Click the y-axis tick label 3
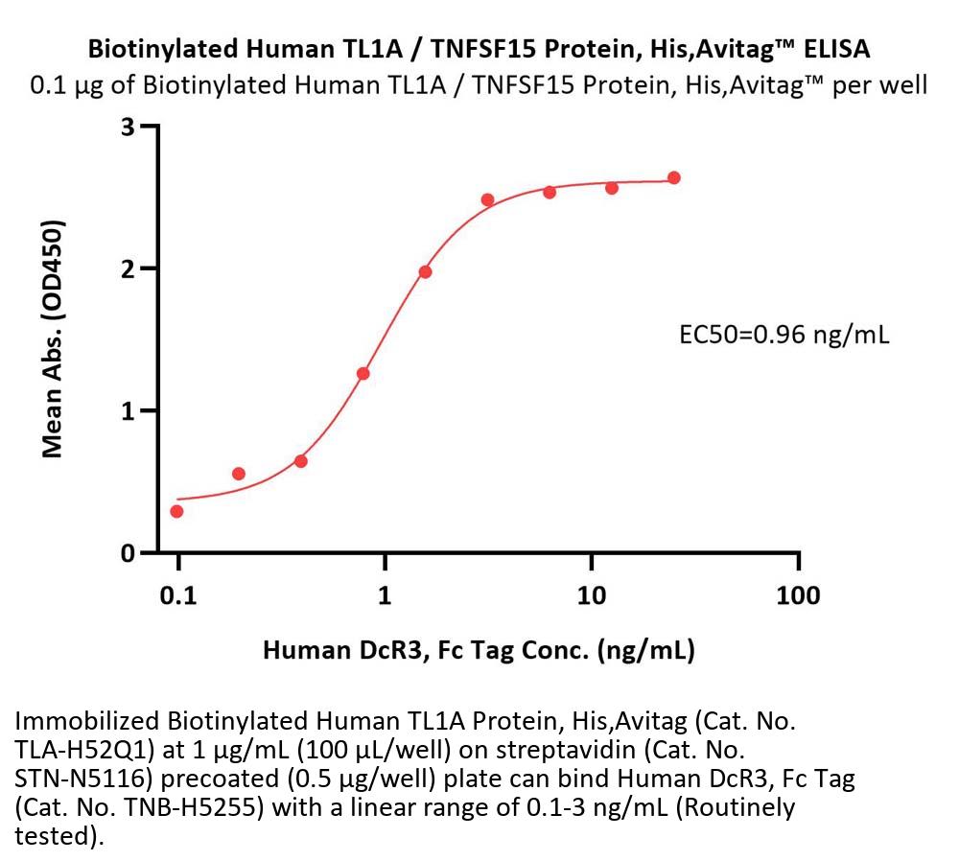click(x=127, y=127)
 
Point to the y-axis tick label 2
click(x=127, y=268)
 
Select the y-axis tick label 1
click(x=127, y=410)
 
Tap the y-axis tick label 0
click(x=127, y=553)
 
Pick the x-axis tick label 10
click(x=592, y=595)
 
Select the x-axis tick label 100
click(x=799, y=595)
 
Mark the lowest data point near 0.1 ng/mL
click(x=176, y=511)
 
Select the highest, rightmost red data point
click(x=674, y=177)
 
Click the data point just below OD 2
click(x=425, y=271)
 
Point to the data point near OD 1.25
click(x=363, y=373)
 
